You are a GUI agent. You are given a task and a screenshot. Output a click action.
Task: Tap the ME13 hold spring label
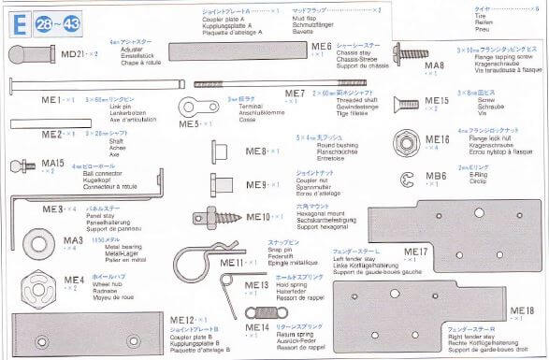click(x=256, y=284)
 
